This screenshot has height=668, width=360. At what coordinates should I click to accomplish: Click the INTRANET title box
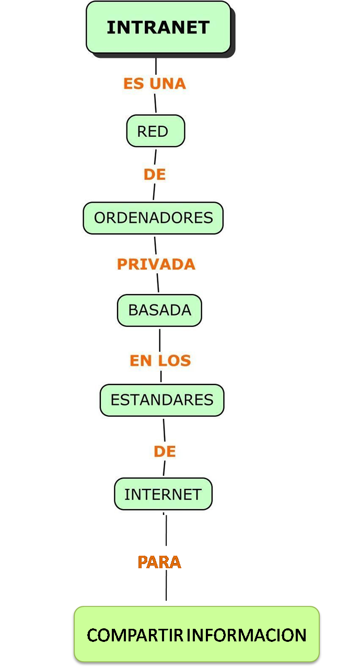tap(158, 27)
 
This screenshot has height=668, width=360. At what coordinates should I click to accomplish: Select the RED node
tap(155, 131)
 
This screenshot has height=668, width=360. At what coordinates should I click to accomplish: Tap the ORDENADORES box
tap(153, 218)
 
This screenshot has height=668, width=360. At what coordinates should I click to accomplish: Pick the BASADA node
tap(159, 310)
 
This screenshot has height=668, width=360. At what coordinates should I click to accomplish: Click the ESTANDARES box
tap(162, 400)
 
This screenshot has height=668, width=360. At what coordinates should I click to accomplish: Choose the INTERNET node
tap(163, 494)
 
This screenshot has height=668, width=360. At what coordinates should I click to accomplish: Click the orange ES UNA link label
tap(155, 84)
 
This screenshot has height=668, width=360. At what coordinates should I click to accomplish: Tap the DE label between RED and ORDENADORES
tap(155, 175)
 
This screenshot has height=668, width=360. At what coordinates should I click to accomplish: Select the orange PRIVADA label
tap(156, 264)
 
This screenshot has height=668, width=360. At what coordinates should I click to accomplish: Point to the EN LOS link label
tap(160, 360)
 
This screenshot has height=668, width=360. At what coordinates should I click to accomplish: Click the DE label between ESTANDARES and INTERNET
tap(165, 452)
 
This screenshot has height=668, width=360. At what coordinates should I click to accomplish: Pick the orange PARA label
tap(159, 562)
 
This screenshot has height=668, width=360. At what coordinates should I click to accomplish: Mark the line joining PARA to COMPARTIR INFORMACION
tap(167, 588)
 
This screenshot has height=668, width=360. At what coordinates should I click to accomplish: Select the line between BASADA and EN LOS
tap(160, 338)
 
